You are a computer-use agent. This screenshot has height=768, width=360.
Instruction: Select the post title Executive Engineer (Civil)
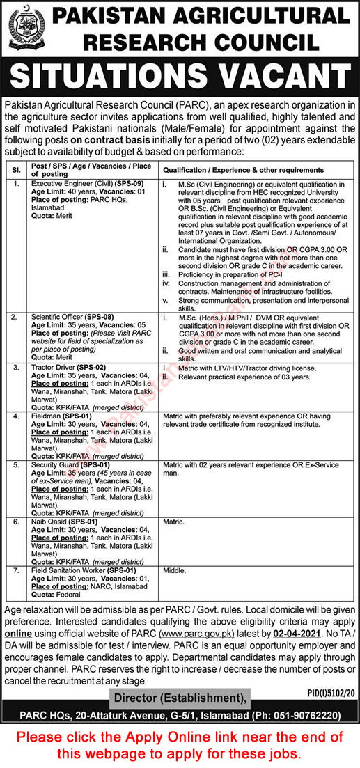click(x=73, y=183)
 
